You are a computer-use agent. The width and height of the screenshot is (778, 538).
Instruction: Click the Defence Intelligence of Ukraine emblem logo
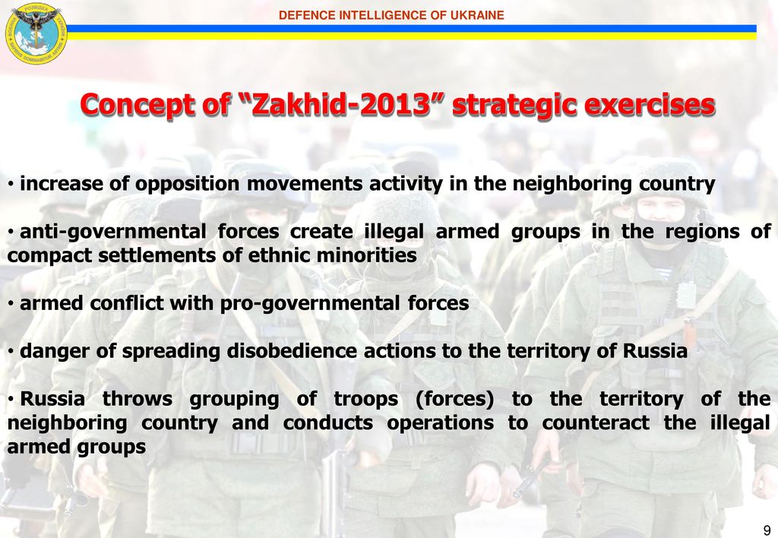(x=36, y=33)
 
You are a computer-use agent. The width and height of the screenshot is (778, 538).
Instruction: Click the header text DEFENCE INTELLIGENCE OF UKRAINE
(x=391, y=15)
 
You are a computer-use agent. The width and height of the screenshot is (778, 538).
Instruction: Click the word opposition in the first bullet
(x=187, y=184)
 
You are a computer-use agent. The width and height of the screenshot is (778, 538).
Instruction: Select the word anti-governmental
(x=112, y=232)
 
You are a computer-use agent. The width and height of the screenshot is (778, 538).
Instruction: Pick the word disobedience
(x=292, y=351)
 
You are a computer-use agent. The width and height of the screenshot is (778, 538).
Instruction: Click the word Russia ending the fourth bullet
(x=654, y=351)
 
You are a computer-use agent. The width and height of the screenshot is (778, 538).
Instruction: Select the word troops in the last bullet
(x=365, y=399)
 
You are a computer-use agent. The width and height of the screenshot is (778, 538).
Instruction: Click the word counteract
(x=596, y=423)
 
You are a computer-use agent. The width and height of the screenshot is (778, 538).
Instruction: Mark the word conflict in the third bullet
(x=127, y=303)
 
